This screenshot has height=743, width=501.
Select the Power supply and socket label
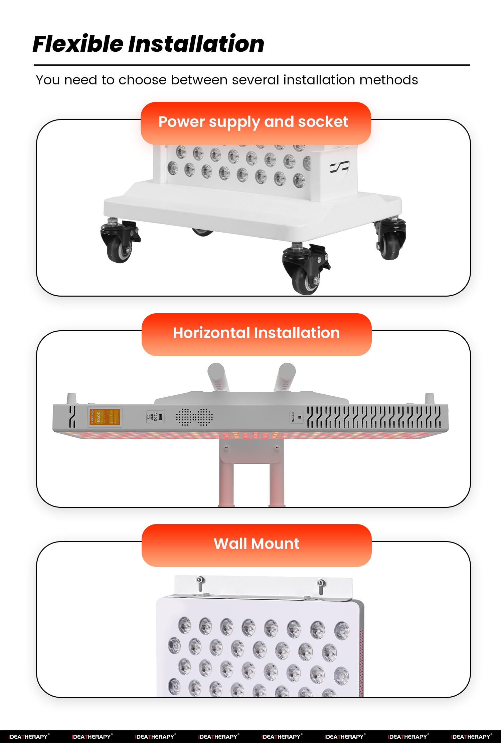[x=253, y=122]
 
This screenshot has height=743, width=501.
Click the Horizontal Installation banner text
[x=256, y=333]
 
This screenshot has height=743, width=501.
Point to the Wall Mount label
[x=256, y=544]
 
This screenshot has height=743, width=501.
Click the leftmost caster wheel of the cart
[x=119, y=247]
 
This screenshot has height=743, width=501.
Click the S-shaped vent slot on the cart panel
[x=339, y=166]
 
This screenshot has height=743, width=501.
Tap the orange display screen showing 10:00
[x=105, y=417]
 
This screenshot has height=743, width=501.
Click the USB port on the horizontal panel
[x=160, y=417]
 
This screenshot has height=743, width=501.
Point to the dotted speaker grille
[x=194, y=417]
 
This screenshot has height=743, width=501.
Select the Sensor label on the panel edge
[x=293, y=417]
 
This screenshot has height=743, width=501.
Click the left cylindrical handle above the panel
[x=218, y=376]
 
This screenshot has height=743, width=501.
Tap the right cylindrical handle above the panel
[x=285, y=376]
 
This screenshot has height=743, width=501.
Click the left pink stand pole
[x=226, y=484]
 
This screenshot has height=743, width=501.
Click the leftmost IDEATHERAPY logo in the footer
[x=29, y=736]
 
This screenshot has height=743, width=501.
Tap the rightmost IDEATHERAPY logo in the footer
[x=471, y=736]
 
